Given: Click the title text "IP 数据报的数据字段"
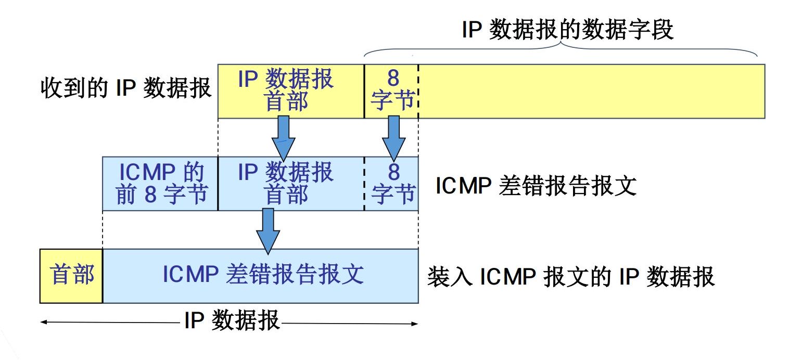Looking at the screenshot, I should tap(568, 31).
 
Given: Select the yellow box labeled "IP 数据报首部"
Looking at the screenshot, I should tap(290, 91).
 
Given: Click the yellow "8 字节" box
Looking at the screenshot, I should tap(391, 91).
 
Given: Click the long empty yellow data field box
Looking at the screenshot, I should tap(591, 91).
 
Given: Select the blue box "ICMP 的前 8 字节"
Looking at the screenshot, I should tap(160, 183).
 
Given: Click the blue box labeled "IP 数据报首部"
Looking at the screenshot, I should tap(290, 183).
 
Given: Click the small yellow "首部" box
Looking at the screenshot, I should tap(71, 276).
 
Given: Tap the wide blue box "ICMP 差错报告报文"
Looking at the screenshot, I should tap(261, 276).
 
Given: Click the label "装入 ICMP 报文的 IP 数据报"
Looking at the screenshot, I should tap(571, 277).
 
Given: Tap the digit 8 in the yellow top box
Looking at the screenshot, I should tap(393, 79).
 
